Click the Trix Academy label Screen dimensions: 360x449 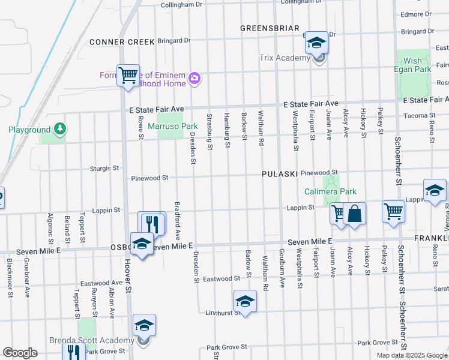pos(284,58)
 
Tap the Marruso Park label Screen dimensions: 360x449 pos(181,127)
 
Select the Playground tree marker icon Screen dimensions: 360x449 pos(59,128)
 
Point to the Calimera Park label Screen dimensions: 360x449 pos(330,192)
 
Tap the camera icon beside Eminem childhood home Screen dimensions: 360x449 pos(194,78)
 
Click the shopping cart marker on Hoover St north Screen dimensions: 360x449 pos(128,75)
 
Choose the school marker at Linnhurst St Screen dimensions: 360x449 pos(244,302)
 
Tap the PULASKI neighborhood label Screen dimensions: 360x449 pos(280,174)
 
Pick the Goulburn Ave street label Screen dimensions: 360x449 pos(281,269)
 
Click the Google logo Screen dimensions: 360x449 pos(20,353)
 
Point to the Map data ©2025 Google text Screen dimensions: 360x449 pos(412,355)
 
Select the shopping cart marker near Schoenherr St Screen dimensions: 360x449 pos(393,211)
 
